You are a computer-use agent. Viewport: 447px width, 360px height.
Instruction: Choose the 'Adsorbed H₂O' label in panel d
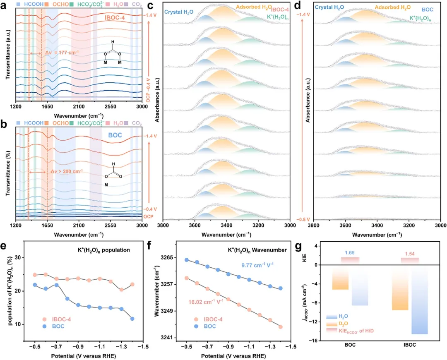point(380,7)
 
